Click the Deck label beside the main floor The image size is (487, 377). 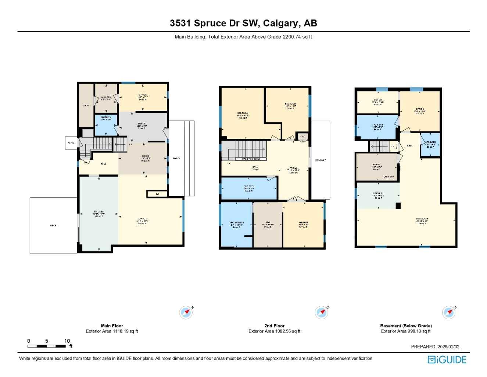(53, 225)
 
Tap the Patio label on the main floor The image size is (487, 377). (71, 143)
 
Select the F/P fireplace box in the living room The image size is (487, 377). (157, 194)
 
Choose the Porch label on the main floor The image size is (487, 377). (176, 158)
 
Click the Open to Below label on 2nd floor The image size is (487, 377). (251, 159)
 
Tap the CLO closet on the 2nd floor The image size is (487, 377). (302, 137)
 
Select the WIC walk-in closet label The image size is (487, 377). (268, 223)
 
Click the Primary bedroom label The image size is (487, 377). (303, 223)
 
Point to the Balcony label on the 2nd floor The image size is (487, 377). (320, 160)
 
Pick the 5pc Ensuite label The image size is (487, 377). (237, 223)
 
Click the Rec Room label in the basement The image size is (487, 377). (422, 219)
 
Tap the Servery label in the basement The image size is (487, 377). (378, 194)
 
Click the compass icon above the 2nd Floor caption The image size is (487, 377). (322, 313)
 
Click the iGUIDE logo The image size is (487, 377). (447, 360)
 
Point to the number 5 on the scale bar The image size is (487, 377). (47, 341)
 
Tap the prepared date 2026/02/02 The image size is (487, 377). (448, 346)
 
